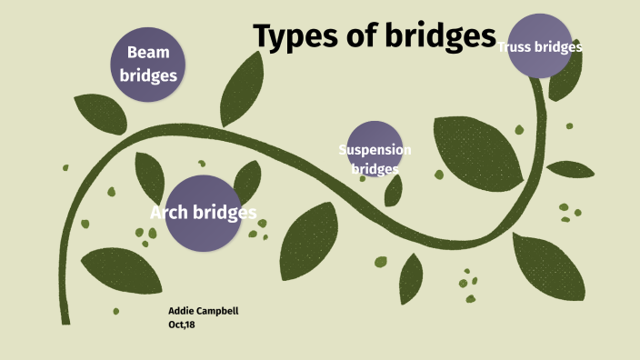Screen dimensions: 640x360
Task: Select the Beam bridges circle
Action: tap(148, 63)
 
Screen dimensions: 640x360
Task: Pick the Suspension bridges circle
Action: tap(375, 149)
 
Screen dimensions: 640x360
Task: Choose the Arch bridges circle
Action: tap(202, 214)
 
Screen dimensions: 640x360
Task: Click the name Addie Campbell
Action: tap(204, 311)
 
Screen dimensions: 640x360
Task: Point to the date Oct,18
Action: tap(182, 324)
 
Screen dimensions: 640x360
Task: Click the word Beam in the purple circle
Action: tap(148, 53)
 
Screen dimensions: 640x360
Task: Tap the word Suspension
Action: tap(375, 150)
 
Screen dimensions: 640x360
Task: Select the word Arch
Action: tap(168, 214)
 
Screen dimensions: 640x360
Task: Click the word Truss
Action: tap(515, 47)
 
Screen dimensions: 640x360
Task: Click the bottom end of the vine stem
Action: tap(65, 319)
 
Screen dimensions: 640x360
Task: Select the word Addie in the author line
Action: tap(182, 311)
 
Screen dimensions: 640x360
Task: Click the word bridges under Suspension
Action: tap(375, 168)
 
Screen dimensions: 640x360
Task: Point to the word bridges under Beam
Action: tap(148, 75)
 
